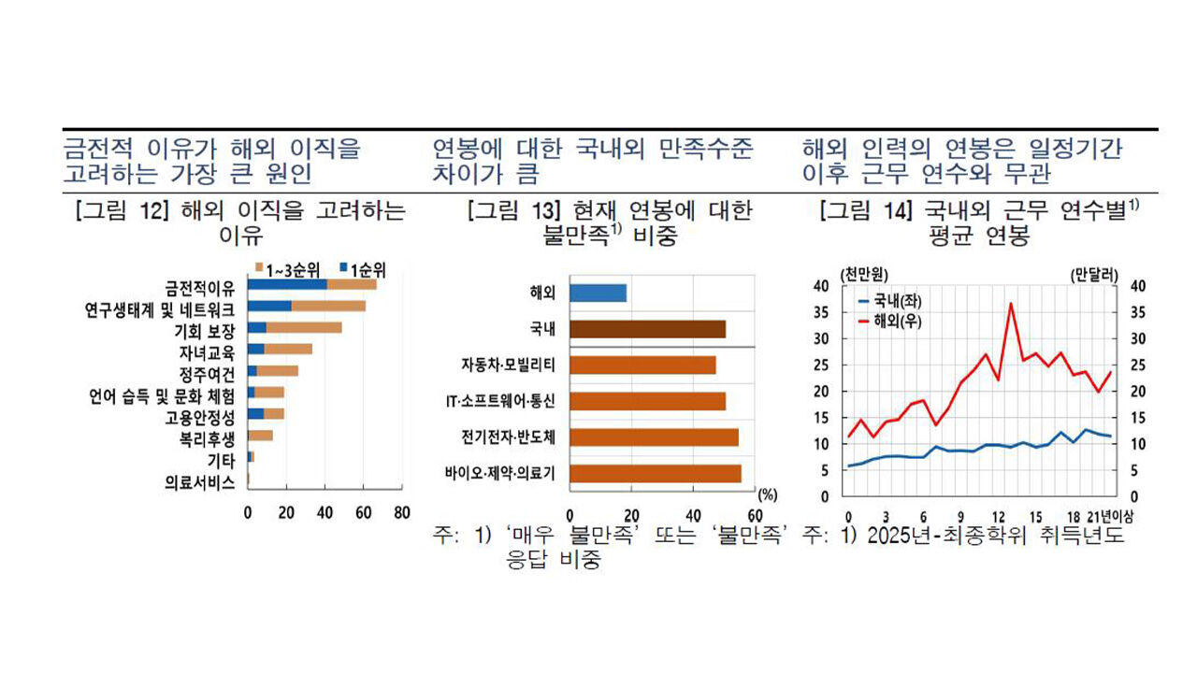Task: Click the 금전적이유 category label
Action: [x=200, y=285]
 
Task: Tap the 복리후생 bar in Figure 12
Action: [x=260, y=435]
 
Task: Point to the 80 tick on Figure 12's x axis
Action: [x=401, y=512]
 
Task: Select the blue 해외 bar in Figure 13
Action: [x=598, y=293]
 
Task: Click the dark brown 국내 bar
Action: [x=647, y=329]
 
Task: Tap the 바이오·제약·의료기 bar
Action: [x=655, y=473]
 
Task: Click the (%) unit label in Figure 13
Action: [x=767, y=494]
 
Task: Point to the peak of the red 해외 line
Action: [x=1011, y=303]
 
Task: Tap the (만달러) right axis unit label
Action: [x=1094, y=275]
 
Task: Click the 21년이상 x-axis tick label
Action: [x=1107, y=516]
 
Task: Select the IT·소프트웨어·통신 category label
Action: [x=500, y=401]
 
